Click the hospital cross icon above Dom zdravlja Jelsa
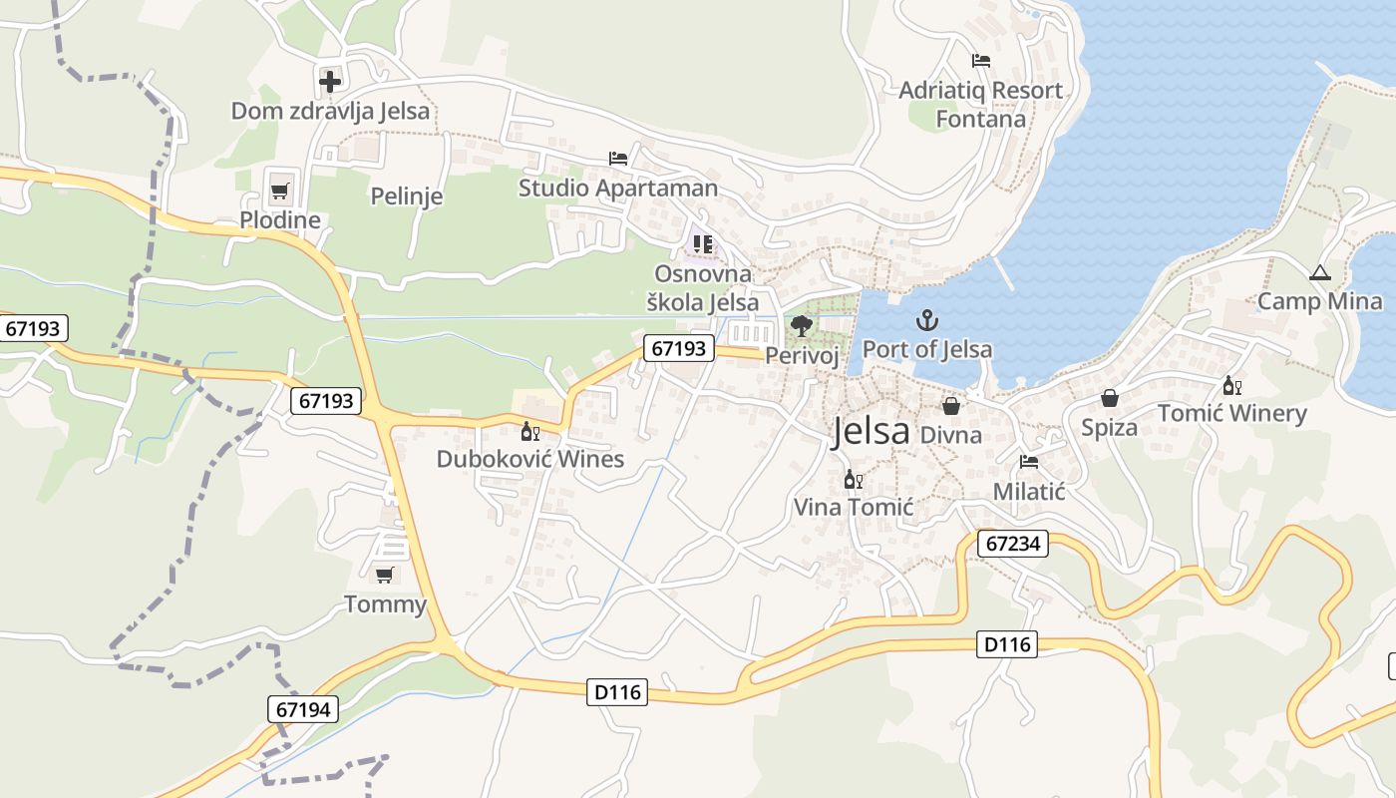point(330,81)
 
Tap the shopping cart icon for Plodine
point(280,190)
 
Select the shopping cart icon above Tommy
point(384,575)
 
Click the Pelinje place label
point(406,196)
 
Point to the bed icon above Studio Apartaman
point(618,158)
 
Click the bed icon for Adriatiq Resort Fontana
point(981,60)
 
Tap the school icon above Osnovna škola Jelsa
point(703,243)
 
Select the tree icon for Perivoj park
point(801,325)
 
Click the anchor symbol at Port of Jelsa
point(927,320)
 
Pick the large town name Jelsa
point(871,431)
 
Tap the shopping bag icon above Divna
point(951,406)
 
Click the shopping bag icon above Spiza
point(1109,399)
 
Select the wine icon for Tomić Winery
point(1231,386)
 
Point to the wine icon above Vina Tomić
point(853,480)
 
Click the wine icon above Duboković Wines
point(529,431)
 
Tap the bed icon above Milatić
point(1029,462)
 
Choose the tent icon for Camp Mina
point(1319,272)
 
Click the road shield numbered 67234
point(1012,544)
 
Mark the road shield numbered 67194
point(303,709)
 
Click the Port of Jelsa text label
point(926,349)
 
